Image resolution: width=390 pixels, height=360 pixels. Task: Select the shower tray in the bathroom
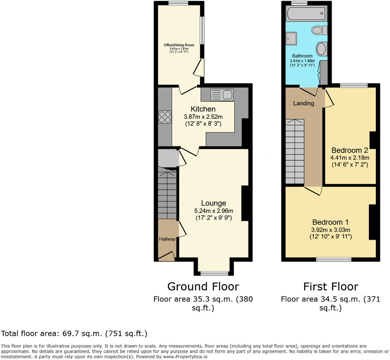(x=291, y=38)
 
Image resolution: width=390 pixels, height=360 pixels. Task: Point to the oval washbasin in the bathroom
(x=321, y=49)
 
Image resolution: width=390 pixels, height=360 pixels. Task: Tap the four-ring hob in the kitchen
(x=165, y=117)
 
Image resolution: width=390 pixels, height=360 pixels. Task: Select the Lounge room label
(x=214, y=203)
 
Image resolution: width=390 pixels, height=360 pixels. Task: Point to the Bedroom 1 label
(x=330, y=222)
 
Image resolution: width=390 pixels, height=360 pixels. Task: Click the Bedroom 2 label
(x=350, y=150)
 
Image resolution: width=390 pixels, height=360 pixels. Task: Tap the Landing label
(x=303, y=103)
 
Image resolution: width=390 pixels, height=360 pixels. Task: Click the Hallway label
(x=167, y=239)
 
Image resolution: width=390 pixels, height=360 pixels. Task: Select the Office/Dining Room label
(x=179, y=45)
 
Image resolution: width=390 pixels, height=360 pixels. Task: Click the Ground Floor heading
(x=203, y=287)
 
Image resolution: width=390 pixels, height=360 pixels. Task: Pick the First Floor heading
(x=330, y=287)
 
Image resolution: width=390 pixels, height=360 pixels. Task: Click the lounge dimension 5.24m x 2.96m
(x=214, y=211)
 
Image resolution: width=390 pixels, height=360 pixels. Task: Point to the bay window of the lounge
(x=215, y=273)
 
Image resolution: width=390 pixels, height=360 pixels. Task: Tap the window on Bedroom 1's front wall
(x=334, y=259)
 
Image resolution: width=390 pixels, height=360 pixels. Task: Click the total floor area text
(x=74, y=334)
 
